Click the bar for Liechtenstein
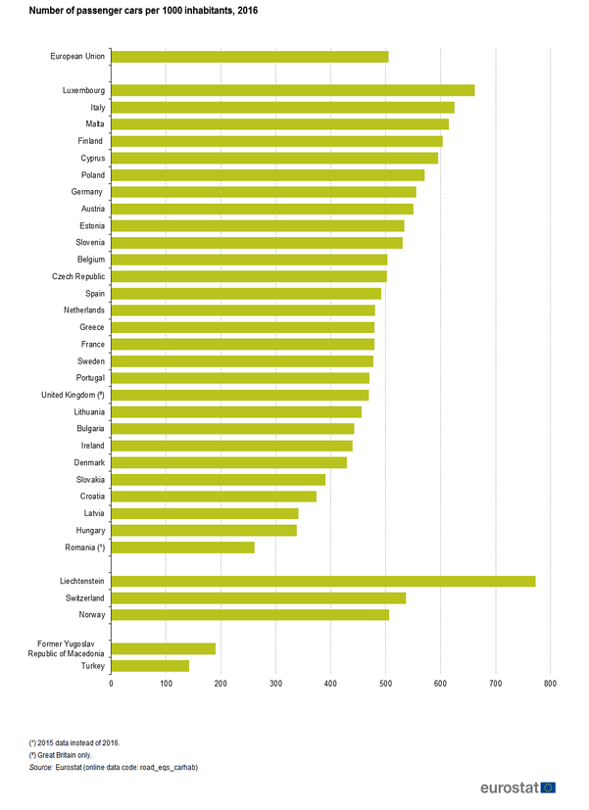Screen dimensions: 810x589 tap(323, 581)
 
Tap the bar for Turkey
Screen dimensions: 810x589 tap(150, 666)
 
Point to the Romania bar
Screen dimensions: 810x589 tap(183, 548)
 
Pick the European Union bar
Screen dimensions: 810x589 tap(250, 56)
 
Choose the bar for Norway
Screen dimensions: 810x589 tap(250, 615)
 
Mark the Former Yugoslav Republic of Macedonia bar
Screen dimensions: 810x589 tap(163, 648)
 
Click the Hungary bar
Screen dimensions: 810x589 tap(204, 530)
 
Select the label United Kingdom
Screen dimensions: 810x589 tap(72, 395)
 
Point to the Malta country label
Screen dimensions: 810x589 tap(96, 124)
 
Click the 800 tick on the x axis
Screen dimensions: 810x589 tap(550, 683)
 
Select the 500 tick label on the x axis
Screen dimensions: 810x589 tap(385, 683)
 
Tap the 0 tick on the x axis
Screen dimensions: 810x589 tap(111, 683)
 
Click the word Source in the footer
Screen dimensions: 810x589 tap(41, 767)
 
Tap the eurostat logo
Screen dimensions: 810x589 tap(518, 787)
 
